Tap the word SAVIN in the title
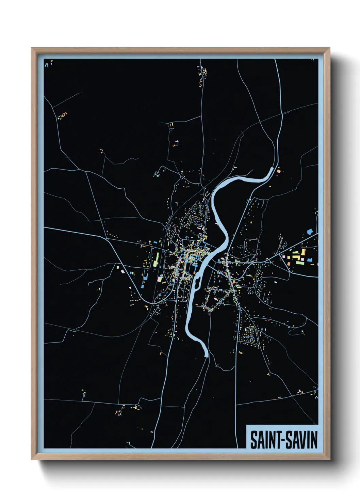[301, 440]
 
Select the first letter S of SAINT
[253, 440]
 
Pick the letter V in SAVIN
[303, 440]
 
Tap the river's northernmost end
[272, 169]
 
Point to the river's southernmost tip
[207, 356]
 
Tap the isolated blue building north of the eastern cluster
[310, 232]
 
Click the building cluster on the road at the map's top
[203, 73]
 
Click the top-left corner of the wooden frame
[32, 48]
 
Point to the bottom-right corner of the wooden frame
[329, 459]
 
